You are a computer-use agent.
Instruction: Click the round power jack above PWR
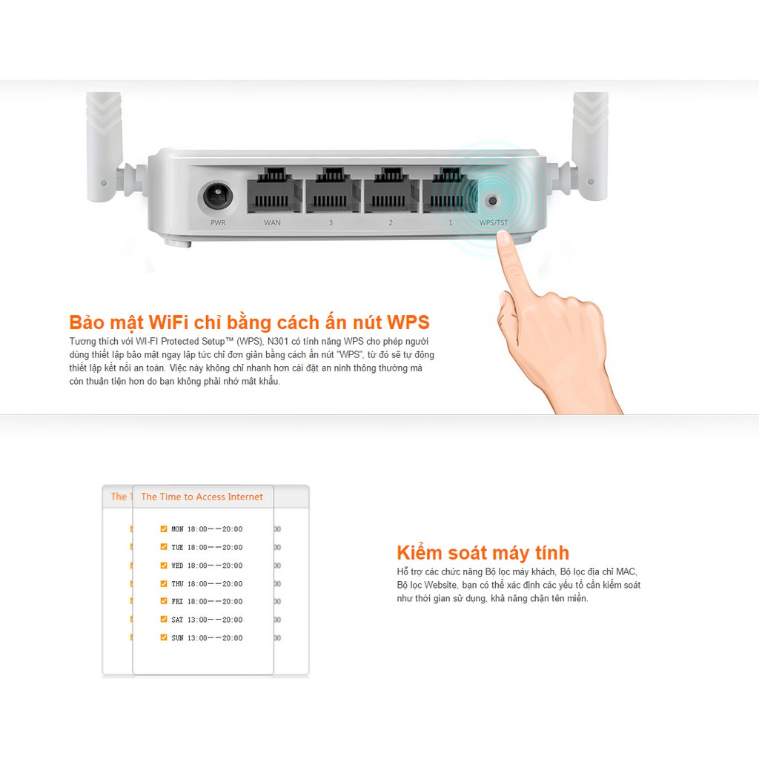216,197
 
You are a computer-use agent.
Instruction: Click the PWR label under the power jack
218,222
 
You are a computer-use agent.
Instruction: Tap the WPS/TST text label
494,222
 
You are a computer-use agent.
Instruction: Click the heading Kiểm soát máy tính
483,553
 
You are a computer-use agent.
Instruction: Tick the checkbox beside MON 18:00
164,528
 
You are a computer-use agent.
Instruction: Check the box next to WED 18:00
164,565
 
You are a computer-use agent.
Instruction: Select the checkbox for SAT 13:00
164,619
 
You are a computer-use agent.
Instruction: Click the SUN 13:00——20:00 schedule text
207,637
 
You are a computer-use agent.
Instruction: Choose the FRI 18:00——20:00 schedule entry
207,601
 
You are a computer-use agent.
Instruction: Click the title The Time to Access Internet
202,497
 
